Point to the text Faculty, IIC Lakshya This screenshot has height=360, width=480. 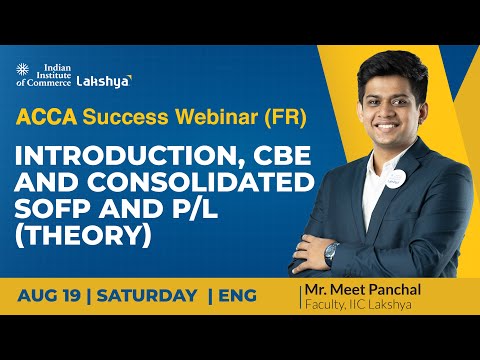coord(366,305)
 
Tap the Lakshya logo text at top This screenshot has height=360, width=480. coord(104,79)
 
